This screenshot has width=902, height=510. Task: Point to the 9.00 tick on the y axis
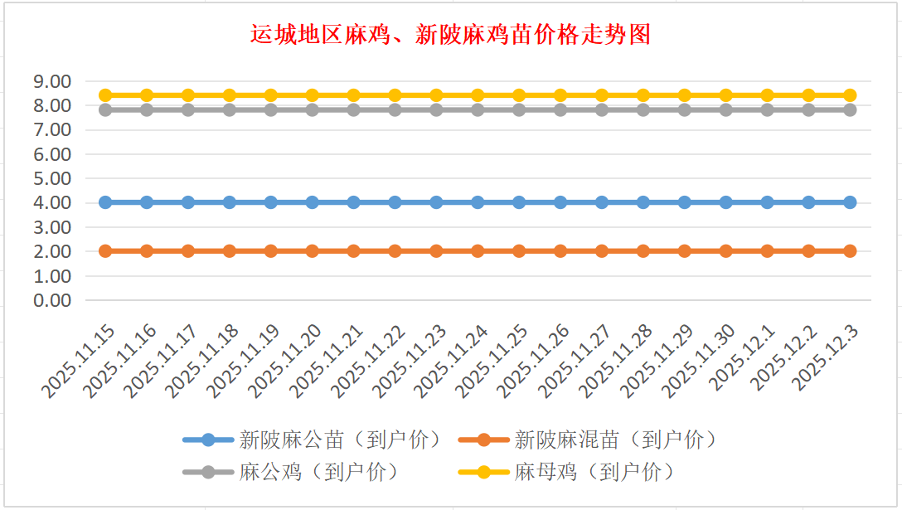[51, 81]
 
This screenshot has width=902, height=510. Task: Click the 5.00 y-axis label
[51, 178]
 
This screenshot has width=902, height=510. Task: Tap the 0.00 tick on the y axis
[51, 300]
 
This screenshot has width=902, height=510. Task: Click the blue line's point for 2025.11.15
[105, 202]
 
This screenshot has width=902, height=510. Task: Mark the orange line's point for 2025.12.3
[850, 251]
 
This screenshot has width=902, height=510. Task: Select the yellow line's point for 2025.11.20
[313, 95]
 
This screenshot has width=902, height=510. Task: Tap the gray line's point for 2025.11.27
[602, 109]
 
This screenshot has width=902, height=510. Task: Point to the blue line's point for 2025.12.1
[767, 202]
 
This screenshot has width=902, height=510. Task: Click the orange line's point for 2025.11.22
[395, 251]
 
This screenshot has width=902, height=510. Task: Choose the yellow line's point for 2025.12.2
[808, 95]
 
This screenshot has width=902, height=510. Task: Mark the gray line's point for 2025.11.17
[188, 109]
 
